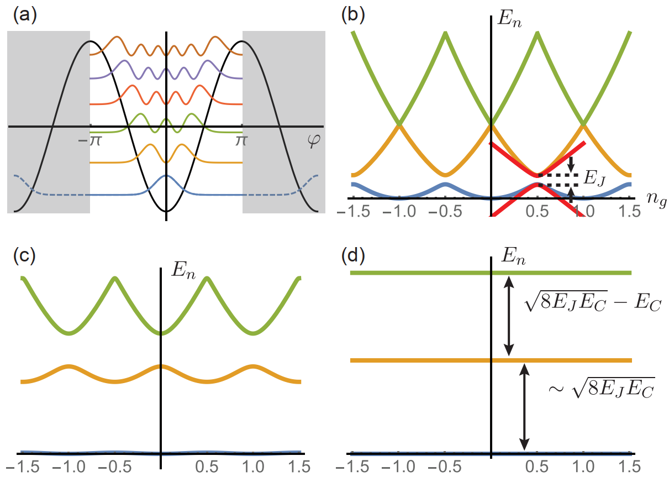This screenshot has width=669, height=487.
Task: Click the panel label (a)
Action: point(25,15)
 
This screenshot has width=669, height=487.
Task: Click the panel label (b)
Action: point(353,15)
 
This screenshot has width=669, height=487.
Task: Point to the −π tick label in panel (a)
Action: point(89,140)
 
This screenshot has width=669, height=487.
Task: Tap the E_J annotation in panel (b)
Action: point(594,179)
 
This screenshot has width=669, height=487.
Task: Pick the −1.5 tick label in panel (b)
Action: point(354,212)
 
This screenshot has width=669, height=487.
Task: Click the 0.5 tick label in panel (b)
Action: point(537,212)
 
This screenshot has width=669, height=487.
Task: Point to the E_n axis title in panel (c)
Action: point(183,271)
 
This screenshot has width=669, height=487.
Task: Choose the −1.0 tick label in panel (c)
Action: point(69,467)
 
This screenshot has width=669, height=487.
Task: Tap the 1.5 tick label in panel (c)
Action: point(299,467)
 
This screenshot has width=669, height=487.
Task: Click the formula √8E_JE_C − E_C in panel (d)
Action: point(593,301)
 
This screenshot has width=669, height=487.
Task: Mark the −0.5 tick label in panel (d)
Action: point(445,467)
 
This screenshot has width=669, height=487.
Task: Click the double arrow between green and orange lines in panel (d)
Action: point(509,316)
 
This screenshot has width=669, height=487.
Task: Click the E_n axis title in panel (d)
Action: point(513,256)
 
